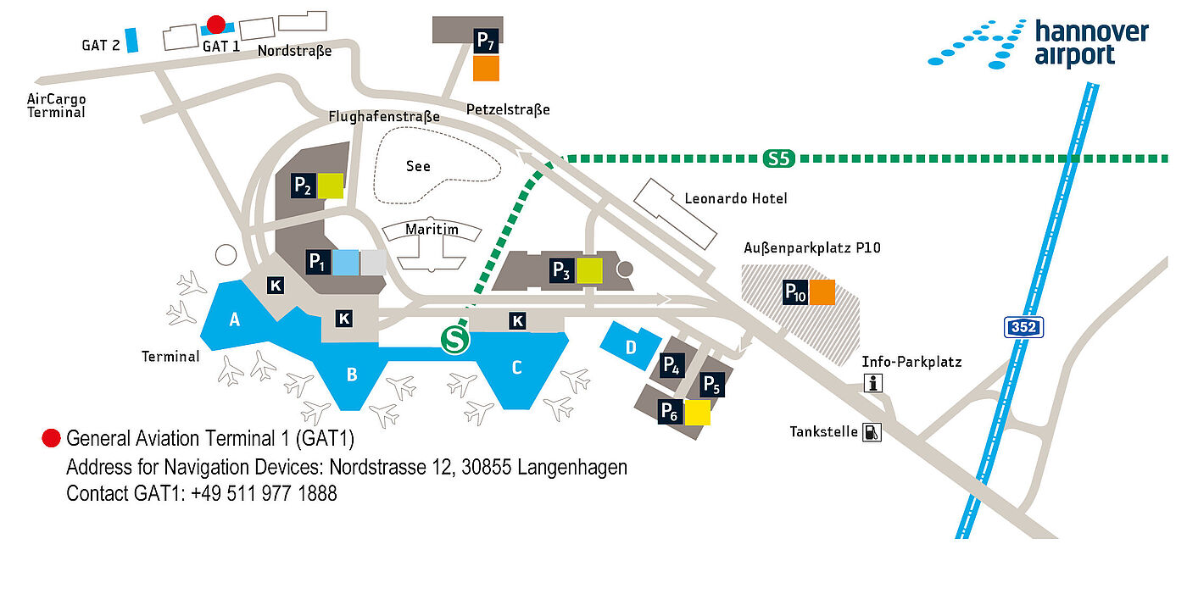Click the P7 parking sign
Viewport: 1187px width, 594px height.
[x=486, y=42]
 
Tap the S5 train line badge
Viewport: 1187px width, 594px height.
[x=778, y=158]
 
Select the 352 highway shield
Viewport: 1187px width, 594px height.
[x=1023, y=327]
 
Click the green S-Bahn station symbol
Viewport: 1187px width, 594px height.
[x=455, y=340]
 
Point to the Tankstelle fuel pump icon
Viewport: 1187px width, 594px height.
[x=872, y=432]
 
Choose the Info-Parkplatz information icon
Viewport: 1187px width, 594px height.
[x=872, y=383]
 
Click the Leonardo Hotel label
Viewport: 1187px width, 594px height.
[x=736, y=198]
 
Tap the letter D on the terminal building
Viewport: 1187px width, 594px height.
[x=631, y=347]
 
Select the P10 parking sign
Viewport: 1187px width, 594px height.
[x=795, y=292]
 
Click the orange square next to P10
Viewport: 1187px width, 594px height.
[x=822, y=292]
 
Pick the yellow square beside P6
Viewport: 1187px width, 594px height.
[x=697, y=413]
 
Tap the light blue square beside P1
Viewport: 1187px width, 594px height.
[x=346, y=262]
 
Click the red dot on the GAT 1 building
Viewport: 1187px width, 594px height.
[x=215, y=25]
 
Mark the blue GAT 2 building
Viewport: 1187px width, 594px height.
[x=131, y=40]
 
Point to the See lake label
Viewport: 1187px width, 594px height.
[x=418, y=166]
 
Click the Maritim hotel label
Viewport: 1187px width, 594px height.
[x=432, y=230]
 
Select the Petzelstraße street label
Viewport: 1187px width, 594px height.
[x=508, y=109]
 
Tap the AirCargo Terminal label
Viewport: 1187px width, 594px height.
[x=56, y=105]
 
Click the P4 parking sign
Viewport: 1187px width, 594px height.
[x=672, y=365]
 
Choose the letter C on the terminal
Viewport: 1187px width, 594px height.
[x=517, y=368]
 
